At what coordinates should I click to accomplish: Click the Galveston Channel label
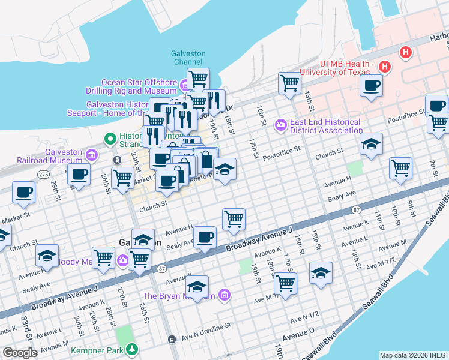tap(189, 58)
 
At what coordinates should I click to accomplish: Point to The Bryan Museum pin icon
tap(224, 295)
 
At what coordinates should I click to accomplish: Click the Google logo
tap(20, 353)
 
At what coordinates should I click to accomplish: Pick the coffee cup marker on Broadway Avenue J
tap(205, 238)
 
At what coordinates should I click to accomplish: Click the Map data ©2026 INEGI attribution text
tap(412, 355)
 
